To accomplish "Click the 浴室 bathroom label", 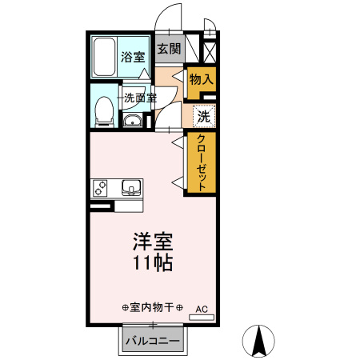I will (x=133, y=57).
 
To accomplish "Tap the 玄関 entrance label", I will (x=168, y=49).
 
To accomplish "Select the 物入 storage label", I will (x=200, y=79).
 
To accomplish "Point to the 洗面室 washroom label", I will (x=139, y=98).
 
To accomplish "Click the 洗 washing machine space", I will (x=204, y=116).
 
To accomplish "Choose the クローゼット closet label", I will (x=202, y=162).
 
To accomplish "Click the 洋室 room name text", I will (x=152, y=242).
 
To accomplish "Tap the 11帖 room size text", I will (x=152, y=263).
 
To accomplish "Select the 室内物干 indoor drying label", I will (x=152, y=308).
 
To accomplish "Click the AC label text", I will (x=201, y=308).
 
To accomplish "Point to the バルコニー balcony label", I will (x=152, y=341).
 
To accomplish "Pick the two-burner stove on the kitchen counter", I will (x=101, y=189).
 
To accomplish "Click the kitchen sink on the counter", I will (x=130, y=189).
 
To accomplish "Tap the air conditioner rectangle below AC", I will (x=201, y=318).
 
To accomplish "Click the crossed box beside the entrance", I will (x=210, y=52).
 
